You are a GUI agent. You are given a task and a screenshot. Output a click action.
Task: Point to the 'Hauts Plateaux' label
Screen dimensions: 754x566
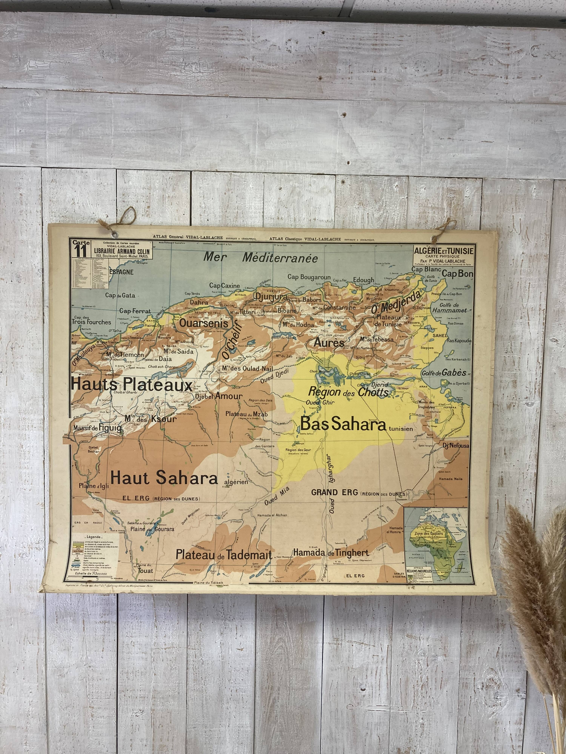[132, 385]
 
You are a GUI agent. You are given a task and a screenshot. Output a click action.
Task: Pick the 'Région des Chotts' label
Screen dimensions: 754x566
[348, 392]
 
